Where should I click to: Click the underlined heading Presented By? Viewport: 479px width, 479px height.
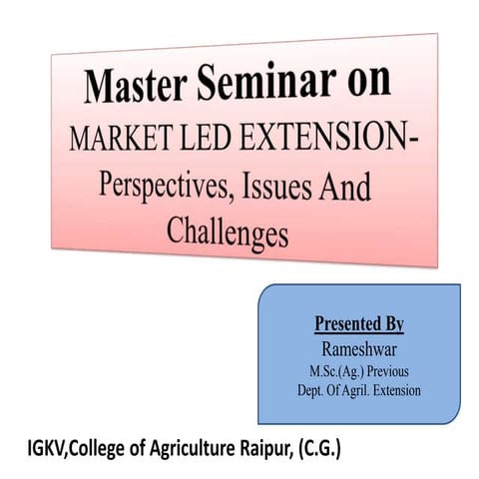[359, 324]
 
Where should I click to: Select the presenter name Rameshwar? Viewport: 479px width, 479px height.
[359, 348]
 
